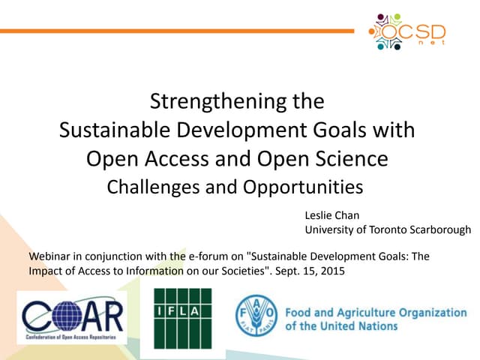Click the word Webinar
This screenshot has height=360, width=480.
click(50, 256)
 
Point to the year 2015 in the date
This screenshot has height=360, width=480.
click(331, 270)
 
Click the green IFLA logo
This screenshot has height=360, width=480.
click(183, 318)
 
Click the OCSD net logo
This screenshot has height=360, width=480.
click(409, 31)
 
